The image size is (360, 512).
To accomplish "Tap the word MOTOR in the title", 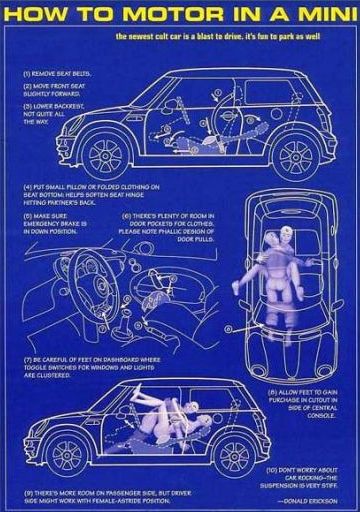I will (x=150, y=15).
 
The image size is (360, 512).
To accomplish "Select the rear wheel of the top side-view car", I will (x=296, y=155).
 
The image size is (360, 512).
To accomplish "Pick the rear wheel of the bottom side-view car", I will (x=236, y=451).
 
